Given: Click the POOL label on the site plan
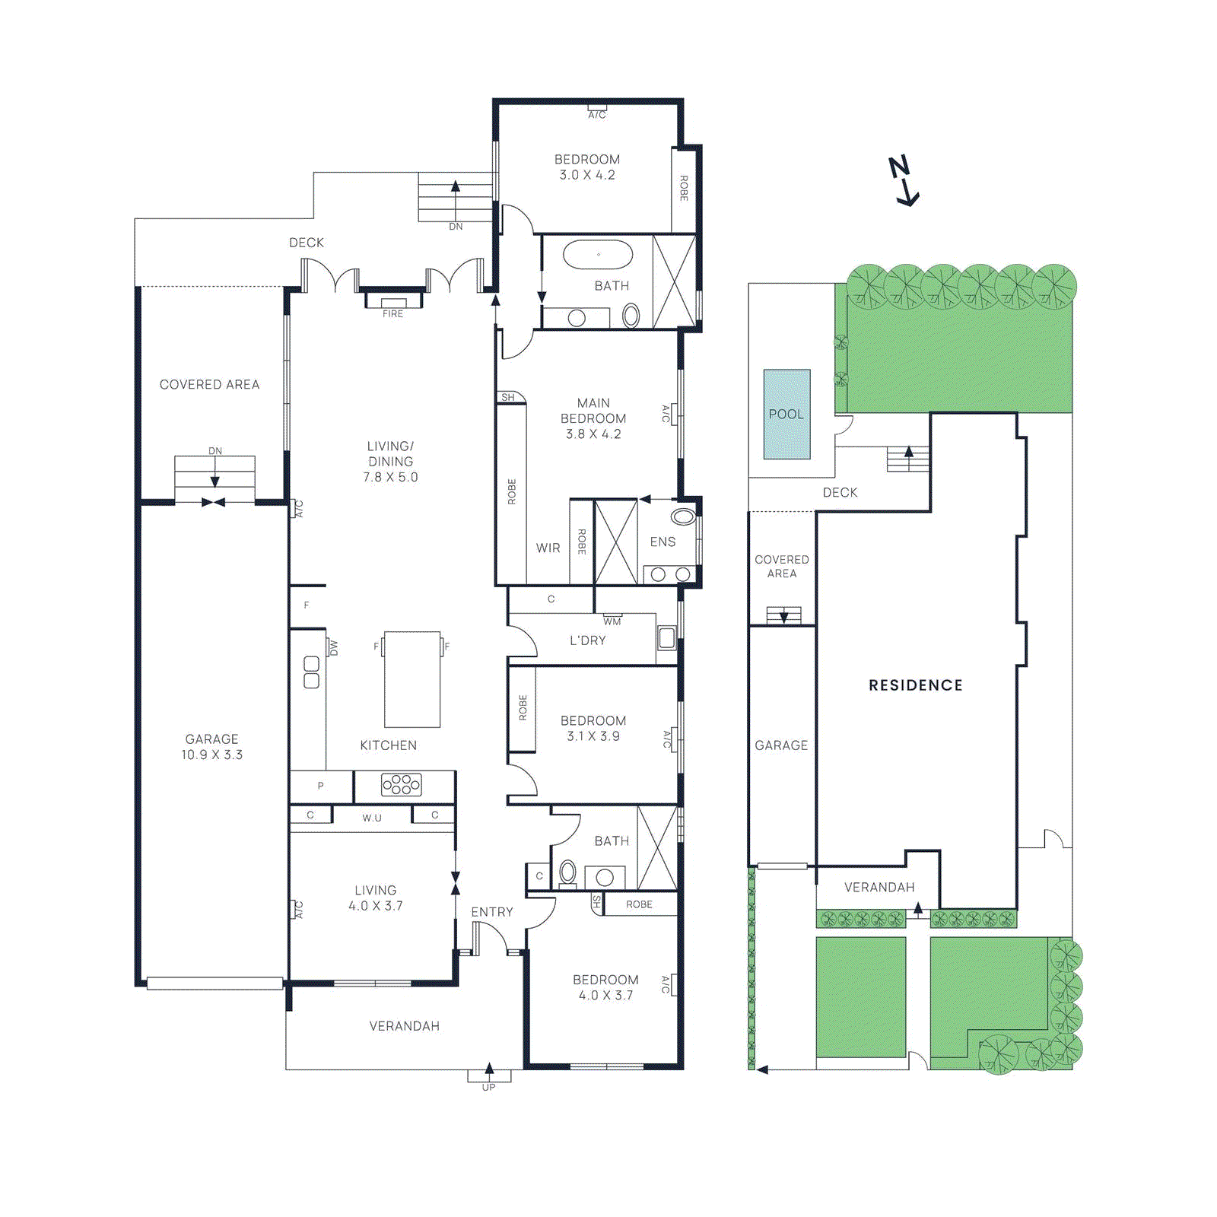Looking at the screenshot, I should point(786,415).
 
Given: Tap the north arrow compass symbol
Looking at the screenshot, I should point(904,181).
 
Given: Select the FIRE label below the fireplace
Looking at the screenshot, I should point(392,314).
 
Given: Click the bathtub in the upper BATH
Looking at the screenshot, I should point(598,256).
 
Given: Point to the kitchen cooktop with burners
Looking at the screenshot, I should point(402,784).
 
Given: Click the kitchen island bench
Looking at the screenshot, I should point(411,679).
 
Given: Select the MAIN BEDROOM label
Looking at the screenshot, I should point(593,411).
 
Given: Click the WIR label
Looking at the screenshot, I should point(548,548).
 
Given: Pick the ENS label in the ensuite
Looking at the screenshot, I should point(663,542).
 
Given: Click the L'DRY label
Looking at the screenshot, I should point(588,640).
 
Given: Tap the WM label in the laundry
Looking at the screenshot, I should point(612,621).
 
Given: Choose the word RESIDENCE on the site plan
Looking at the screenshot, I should point(916,685).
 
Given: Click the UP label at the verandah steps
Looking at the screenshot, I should point(488,1087).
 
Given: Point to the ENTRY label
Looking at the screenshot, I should point(492,911).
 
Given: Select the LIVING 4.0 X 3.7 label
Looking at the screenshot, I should point(375,898).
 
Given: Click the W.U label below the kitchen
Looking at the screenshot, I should point(372,818).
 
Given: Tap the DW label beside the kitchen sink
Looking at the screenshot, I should point(333,648).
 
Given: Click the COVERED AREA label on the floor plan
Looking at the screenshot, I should point(209,385).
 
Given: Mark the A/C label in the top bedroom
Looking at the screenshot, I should point(597,115).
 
